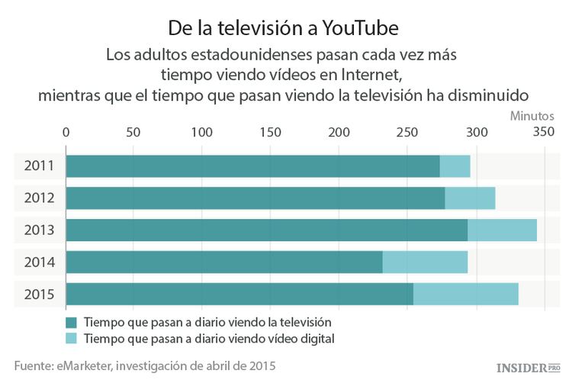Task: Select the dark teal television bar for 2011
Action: [252, 166]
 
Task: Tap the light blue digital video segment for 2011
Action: [455, 166]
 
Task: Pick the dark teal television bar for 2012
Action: [255, 198]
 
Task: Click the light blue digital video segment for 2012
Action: [470, 198]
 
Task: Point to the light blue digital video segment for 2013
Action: [502, 230]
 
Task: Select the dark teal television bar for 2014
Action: [224, 262]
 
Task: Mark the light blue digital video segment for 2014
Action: [425, 262]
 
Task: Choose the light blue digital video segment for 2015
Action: [466, 294]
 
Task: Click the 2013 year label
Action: [38, 230]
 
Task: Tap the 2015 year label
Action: [38, 294]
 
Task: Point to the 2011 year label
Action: [38, 166]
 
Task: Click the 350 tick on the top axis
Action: [543, 132]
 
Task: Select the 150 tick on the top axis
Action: [270, 132]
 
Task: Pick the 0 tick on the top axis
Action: [66, 132]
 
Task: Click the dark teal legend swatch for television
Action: [72, 322]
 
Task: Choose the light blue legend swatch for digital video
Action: [72, 338]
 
